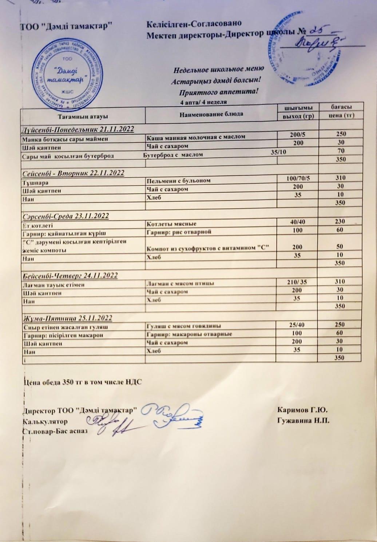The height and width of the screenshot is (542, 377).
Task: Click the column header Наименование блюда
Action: point(211,114)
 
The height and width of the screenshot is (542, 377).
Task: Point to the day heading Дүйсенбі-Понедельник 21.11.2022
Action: point(78,129)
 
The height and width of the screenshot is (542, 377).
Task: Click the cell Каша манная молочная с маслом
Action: point(196,137)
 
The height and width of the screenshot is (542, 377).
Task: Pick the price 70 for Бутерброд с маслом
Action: point(341,150)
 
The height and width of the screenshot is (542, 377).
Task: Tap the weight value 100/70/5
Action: point(298,178)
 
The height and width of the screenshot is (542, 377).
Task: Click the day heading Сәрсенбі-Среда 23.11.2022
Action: point(66,216)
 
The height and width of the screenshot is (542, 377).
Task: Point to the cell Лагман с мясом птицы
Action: point(180,284)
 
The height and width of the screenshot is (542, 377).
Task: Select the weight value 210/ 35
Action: point(297,281)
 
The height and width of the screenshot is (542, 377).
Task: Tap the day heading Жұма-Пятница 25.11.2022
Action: point(68,318)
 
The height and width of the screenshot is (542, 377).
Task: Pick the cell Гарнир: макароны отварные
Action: point(189,334)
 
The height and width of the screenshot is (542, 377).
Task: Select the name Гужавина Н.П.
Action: point(303,421)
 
